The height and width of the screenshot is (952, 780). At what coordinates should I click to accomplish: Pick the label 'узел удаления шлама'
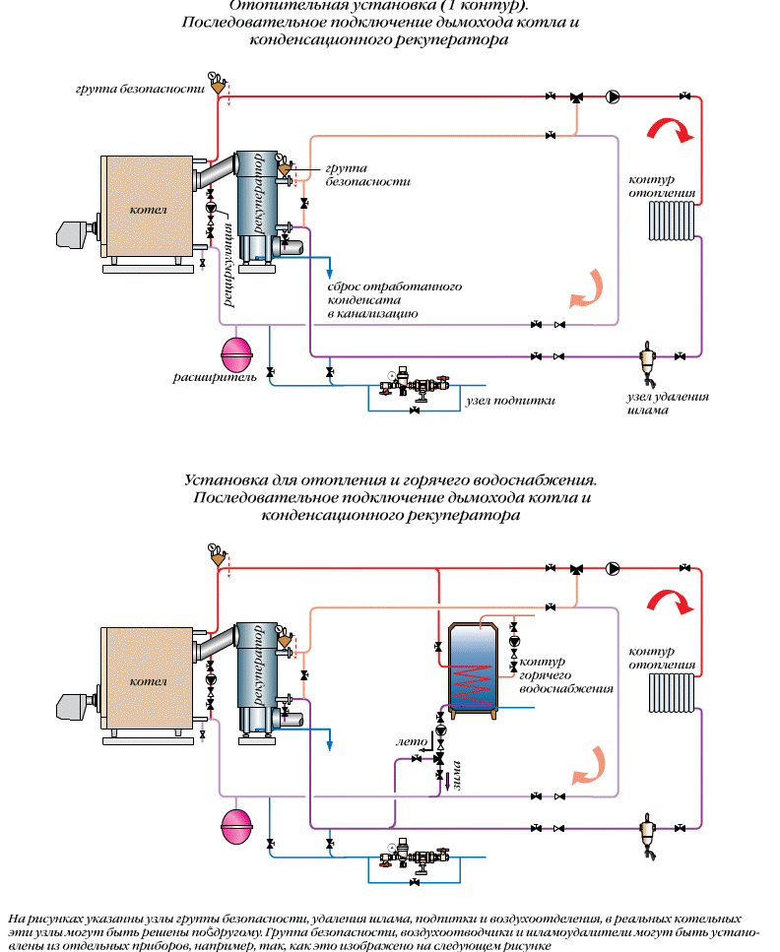(656, 405)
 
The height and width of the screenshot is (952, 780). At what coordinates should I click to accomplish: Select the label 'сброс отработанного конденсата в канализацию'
(394, 299)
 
